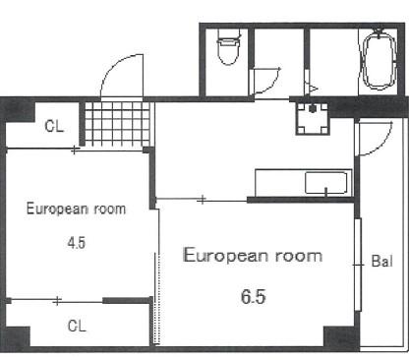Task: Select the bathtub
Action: [380, 60]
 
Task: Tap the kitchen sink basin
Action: [325, 183]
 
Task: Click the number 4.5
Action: [77, 243]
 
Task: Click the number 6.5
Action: [254, 297]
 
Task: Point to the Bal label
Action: [381, 262]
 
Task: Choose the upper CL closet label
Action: [54, 126]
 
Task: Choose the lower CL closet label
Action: [77, 326]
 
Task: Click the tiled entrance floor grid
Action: [118, 124]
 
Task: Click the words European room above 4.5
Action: [76, 209]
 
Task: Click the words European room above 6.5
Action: [253, 255]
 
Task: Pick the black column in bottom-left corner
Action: [17, 337]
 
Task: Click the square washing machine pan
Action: [313, 118]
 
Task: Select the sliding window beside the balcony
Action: [358, 265]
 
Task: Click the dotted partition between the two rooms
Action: [157, 298]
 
